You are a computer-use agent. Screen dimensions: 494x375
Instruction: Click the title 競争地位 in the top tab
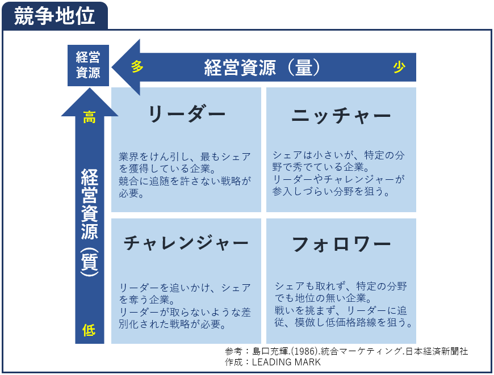click(x=54, y=16)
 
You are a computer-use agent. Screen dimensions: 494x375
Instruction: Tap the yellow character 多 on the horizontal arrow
click(x=137, y=67)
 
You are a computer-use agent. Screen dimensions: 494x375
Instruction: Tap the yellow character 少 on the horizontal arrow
click(x=399, y=67)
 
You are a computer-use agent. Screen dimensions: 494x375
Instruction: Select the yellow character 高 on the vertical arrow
click(x=90, y=117)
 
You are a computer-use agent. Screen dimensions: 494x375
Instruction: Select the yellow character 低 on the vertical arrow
click(x=89, y=330)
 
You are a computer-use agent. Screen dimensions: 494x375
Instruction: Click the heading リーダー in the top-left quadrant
click(x=186, y=114)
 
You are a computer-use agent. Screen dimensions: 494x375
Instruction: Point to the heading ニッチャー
click(x=341, y=116)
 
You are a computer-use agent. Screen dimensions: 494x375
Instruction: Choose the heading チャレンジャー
click(x=186, y=243)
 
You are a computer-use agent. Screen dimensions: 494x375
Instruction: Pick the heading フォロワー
click(x=341, y=245)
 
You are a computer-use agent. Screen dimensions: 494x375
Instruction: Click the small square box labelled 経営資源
click(x=88, y=65)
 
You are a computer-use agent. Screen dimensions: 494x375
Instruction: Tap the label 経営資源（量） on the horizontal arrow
click(x=262, y=68)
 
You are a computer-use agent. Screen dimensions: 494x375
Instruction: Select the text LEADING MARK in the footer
click(x=286, y=362)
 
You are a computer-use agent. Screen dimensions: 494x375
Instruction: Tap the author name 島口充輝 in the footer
click(x=271, y=351)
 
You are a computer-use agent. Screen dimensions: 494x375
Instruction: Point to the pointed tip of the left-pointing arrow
click(x=112, y=67)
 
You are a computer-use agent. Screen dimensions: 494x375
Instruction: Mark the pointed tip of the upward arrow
click(x=90, y=89)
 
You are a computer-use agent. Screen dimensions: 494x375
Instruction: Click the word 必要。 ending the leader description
click(x=131, y=193)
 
